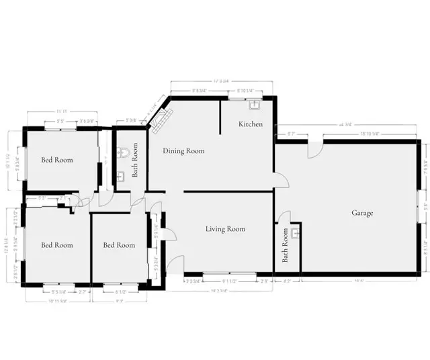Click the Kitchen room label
251,125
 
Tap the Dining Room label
183,151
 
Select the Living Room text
225,229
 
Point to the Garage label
362,213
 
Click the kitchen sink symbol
255,105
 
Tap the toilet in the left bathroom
121,152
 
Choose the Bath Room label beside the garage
285,245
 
